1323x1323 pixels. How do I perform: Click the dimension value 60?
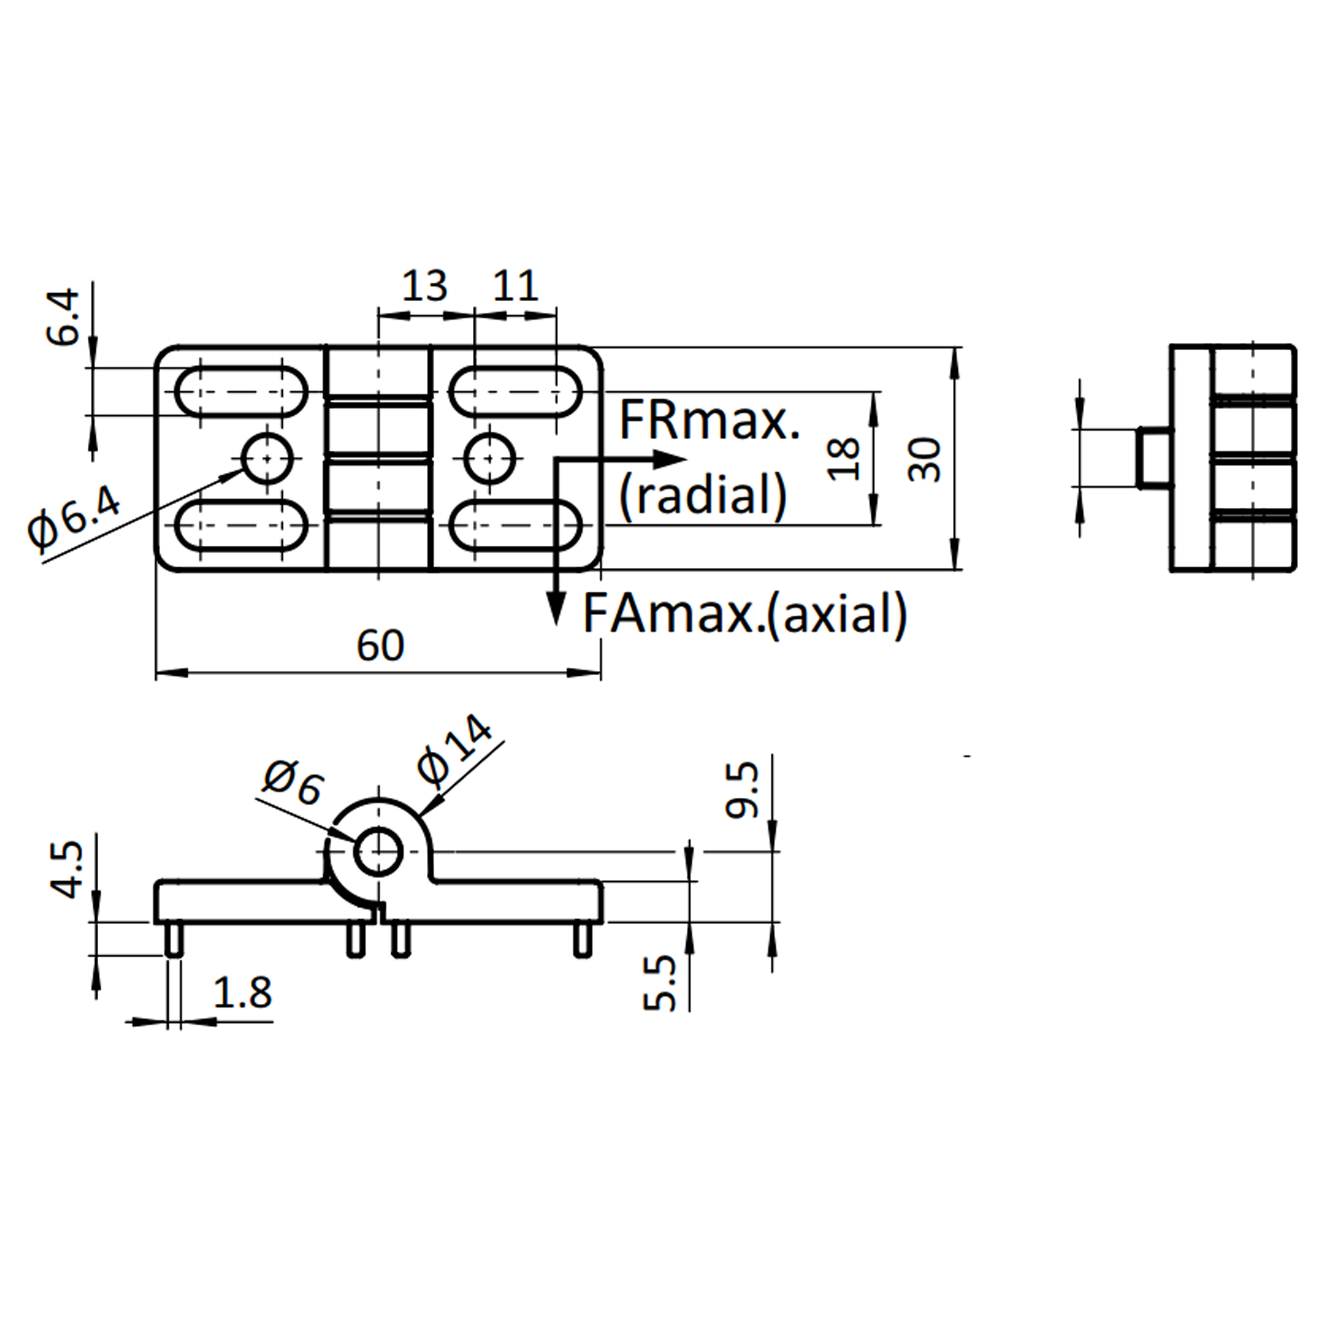[x=380, y=645]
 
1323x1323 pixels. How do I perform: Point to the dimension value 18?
[x=844, y=459]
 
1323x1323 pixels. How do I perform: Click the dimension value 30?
[x=925, y=459]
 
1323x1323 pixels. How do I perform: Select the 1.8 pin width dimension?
[x=242, y=992]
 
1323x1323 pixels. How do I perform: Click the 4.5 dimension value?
[x=67, y=870]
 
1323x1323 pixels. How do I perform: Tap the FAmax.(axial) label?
[x=745, y=614]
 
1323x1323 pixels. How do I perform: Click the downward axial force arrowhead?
[x=556, y=607]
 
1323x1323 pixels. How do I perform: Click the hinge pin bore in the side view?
[x=377, y=851]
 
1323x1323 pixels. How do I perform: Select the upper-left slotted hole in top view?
[x=241, y=391]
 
